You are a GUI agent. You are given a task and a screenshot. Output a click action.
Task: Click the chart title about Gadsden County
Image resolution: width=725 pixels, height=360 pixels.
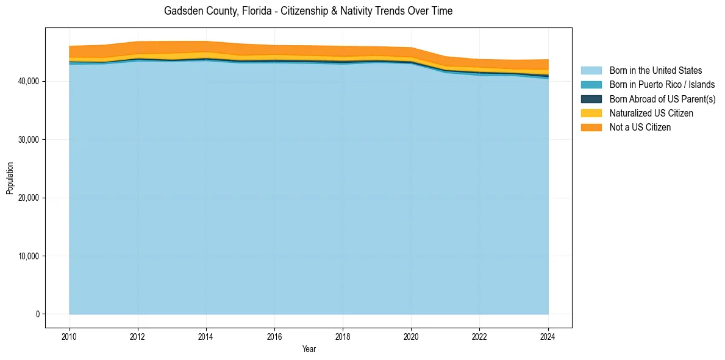pyautogui.click(x=308, y=11)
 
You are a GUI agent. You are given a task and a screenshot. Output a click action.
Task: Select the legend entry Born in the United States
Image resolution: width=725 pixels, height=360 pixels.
pyautogui.click(x=655, y=71)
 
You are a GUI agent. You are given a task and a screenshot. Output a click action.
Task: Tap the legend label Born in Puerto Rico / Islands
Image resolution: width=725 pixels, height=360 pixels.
pyautogui.click(x=662, y=85)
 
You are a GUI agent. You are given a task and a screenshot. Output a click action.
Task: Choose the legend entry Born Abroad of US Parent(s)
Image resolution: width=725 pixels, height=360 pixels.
pyautogui.click(x=662, y=99)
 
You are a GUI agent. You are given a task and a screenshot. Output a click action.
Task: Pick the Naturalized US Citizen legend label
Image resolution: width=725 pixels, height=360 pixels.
pyautogui.click(x=651, y=113)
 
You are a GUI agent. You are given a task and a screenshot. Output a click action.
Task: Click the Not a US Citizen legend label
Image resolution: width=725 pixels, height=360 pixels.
pyautogui.click(x=640, y=128)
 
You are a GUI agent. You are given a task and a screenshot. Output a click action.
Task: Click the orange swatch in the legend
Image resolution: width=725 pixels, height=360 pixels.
pyautogui.click(x=591, y=128)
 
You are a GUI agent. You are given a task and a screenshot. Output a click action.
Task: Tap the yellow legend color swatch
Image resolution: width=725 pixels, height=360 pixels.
pyautogui.click(x=591, y=113)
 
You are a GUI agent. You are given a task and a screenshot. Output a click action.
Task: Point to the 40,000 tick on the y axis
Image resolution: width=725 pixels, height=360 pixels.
pyautogui.click(x=29, y=81)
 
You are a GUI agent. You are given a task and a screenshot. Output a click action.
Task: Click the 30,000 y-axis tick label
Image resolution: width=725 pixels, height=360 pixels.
pyautogui.click(x=29, y=140)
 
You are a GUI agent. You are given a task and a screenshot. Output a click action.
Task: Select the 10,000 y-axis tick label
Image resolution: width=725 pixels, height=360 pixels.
pyautogui.click(x=29, y=256)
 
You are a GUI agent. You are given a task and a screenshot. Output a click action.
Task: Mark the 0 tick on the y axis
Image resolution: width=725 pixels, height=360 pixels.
pyautogui.click(x=37, y=314)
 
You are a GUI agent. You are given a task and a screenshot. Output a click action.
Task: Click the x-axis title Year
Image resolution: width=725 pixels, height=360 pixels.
pyautogui.click(x=309, y=349)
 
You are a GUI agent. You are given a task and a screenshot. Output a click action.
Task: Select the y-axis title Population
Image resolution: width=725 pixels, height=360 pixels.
pyautogui.click(x=10, y=178)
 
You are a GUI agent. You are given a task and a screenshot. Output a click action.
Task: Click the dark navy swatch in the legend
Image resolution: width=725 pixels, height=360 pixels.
pyautogui.click(x=591, y=99)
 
